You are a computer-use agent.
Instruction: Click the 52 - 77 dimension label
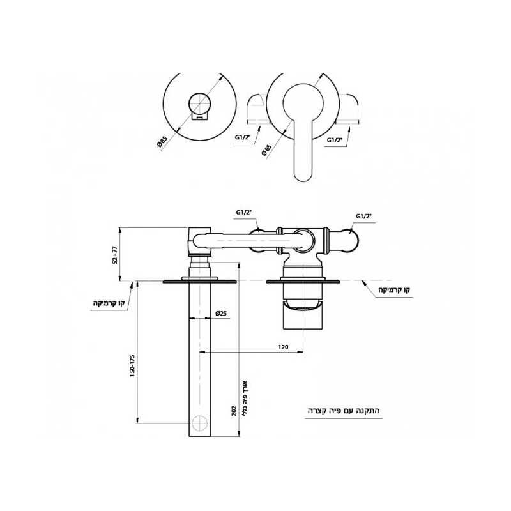click(x=114, y=255)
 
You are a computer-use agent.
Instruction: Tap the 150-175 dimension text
click(x=132, y=365)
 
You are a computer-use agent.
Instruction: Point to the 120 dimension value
click(x=283, y=347)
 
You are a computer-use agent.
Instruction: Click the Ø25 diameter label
click(x=220, y=314)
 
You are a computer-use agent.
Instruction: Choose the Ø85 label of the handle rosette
click(x=266, y=149)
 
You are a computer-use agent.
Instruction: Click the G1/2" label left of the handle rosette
click(x=242, y=137)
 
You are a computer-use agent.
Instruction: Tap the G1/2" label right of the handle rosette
click(x=334, y=140)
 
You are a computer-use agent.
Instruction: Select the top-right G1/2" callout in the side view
click(x=363, y=216)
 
